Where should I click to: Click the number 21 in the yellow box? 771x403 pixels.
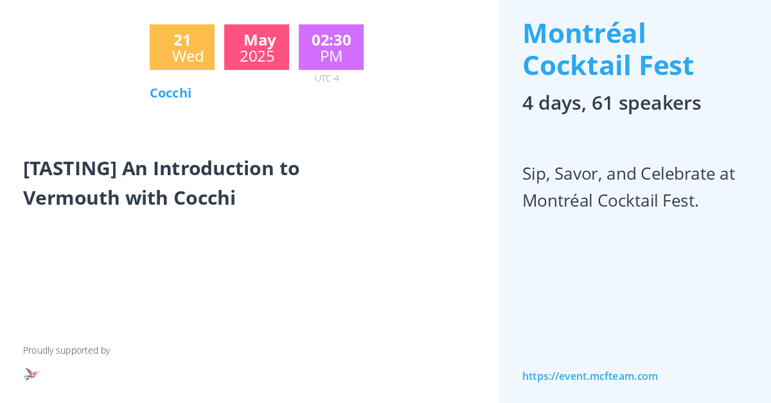(x=182, y=40)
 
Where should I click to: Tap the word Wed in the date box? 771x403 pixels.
(x=188, y=56)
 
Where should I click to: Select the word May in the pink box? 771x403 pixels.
(x=260, y=40)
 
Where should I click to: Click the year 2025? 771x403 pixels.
(x=257, y=56)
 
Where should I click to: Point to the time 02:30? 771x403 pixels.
(x=331, y=40)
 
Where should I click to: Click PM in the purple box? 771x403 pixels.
(x=331, y=56)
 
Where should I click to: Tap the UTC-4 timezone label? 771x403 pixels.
(x=326, y=78)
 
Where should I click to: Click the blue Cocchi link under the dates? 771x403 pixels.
(x=170, y=93)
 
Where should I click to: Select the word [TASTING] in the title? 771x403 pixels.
(x=70, y=168)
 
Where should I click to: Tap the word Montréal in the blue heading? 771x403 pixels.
(x=584, y=33)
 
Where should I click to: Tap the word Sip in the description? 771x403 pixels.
(x=535, y=174)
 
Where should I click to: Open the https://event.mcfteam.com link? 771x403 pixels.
(x=590, y=376)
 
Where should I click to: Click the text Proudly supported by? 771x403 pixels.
(x=66, y=350)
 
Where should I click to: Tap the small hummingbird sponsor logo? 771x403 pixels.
(x=31, y=373)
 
